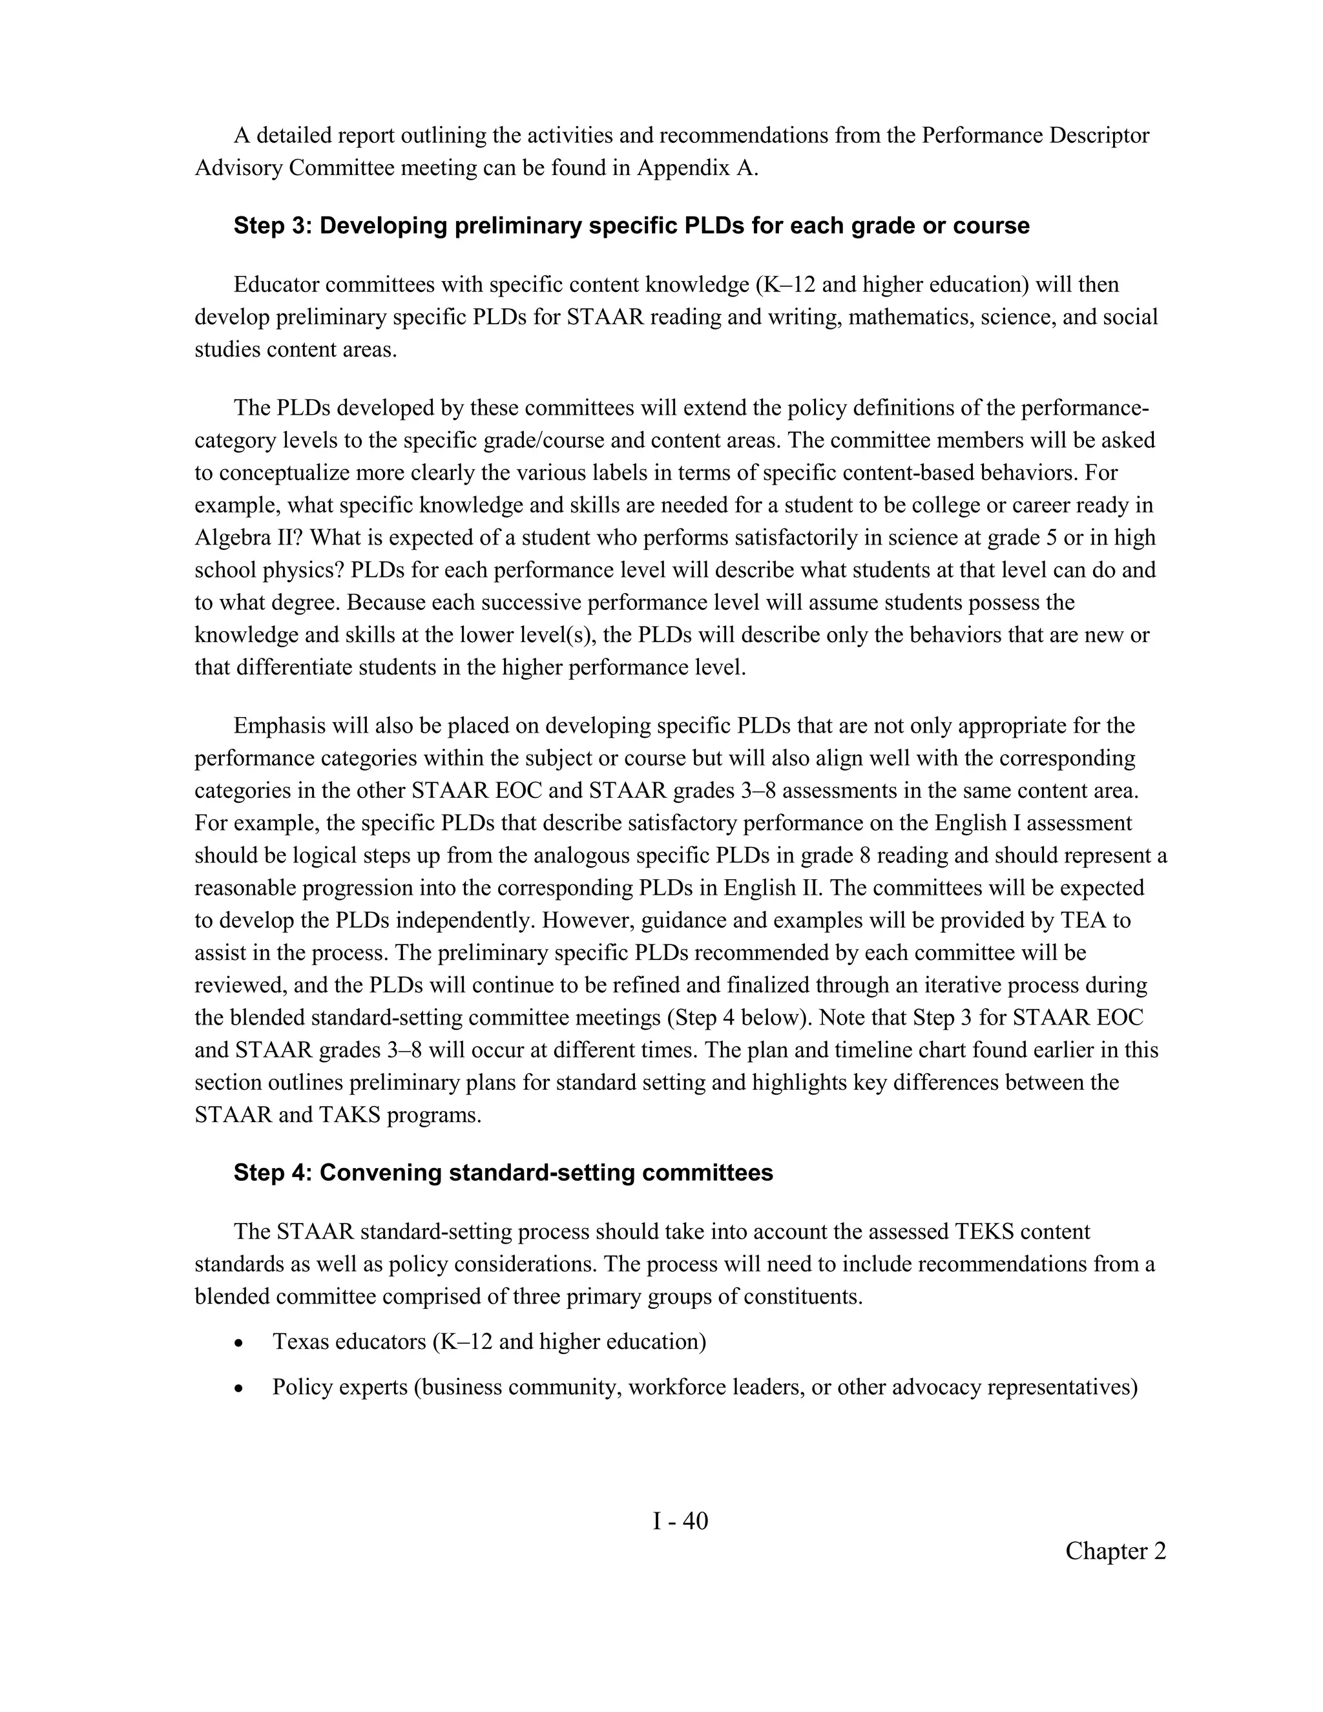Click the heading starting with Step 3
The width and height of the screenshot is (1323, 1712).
click(x=631, y=225)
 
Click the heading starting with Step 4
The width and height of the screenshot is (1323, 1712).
click(x=503, y=1173)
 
